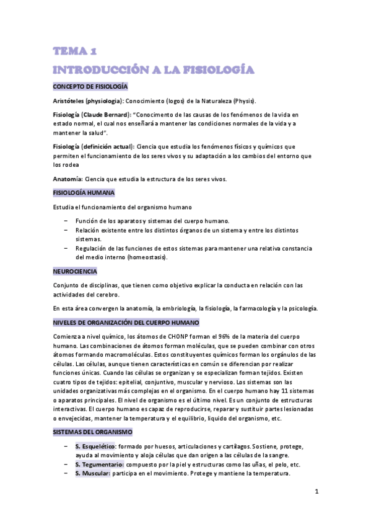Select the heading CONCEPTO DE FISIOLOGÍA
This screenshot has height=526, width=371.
pyautogui.click(x=90, y=86)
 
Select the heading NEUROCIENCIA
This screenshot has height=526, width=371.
pyautogui.click(x=75, y=271)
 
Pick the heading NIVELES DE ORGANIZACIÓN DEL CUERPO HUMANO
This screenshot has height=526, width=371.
pyautogui.click(x=126, y=323)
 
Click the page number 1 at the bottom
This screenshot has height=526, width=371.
pyautogui.click(x=316, y=493)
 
